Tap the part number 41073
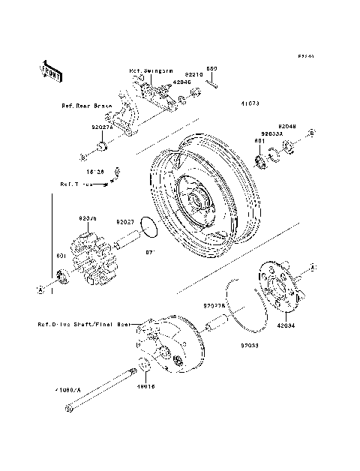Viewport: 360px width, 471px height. (250, 103)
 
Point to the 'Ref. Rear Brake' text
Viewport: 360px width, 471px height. (86, 106)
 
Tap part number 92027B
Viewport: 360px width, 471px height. (213, 306)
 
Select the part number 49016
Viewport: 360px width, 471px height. (145, 388)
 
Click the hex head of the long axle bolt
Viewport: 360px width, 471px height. (70, 409)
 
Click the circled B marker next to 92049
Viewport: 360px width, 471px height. (310, 132)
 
